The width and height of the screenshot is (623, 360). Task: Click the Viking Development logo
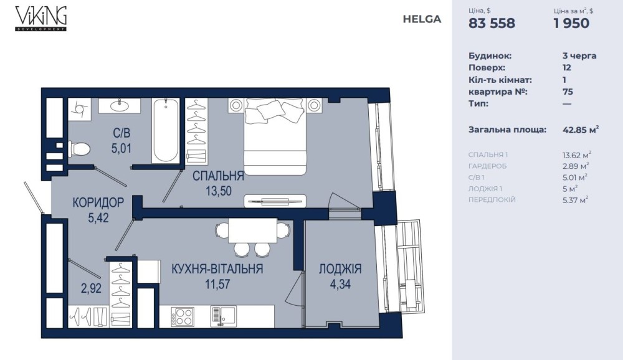point(41,18)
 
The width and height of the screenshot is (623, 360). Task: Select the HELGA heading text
point(422,19)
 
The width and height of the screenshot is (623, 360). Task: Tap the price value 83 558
point(492,24)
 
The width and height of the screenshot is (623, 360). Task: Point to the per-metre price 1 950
point(572,24)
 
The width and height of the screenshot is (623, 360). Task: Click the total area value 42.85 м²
point(581,130)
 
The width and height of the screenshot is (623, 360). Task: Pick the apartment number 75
point(568,92)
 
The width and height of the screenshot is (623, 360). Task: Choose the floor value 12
point(566,67)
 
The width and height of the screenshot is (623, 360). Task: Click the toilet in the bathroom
point(79,149)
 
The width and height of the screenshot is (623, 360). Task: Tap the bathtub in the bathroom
point(166,130)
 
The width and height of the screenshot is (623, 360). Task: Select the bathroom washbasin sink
point(119,106)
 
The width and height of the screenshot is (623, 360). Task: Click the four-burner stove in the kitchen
point(183,316)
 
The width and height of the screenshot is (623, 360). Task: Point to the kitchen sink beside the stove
point(223,316)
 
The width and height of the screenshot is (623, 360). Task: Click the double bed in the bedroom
point(275,136)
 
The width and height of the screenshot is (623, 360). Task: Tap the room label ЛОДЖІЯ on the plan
point(340,269)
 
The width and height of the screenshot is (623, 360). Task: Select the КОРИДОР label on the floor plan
point(98,202)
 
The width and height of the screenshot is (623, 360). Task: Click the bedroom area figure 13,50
point(219,191)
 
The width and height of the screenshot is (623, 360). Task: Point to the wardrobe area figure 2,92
point(92,288)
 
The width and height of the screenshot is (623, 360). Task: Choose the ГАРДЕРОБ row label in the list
point(488,166)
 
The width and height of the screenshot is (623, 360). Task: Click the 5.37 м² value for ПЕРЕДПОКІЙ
point(575,200)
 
